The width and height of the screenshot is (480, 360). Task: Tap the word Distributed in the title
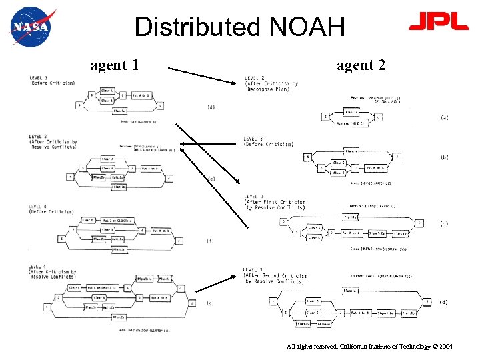198,27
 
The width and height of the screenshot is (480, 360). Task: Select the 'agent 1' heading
115,65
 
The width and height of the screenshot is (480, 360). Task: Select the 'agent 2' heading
361,65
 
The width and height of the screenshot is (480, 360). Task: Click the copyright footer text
369,347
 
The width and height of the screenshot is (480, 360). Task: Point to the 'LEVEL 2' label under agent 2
255,78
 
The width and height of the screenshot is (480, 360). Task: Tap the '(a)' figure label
444,117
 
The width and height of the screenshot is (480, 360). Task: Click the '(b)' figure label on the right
444,157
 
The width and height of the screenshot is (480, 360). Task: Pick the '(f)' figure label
211,241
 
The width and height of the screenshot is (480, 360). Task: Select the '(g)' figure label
211,303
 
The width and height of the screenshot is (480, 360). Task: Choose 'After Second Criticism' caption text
276,275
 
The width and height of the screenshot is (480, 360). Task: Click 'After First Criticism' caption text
275,202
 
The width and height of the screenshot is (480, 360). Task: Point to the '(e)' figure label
211,179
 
